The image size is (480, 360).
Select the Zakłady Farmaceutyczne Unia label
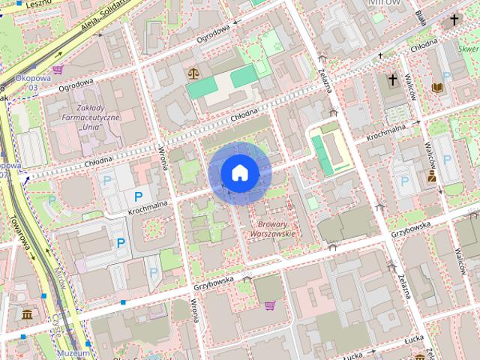pyautogui.click(x=91, y=118)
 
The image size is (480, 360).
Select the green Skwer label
pyautogui.click(x=468, y=50)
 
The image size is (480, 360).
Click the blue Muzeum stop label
pyautogui.click(x=75, y=352)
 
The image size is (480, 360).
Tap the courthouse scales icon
pyautogui.click(x=194, y=73)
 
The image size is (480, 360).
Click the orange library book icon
pyautogui.click(x=438, y=88)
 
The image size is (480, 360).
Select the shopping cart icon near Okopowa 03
pyautogui.click(x=58, y=70)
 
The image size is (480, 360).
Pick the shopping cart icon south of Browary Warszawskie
pyautogui.click(x=269, y=305)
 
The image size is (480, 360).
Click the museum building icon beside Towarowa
pyautogui.click(x=28, y=313)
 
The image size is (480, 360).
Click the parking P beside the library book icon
pyautogui.click(x=447, y=76)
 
